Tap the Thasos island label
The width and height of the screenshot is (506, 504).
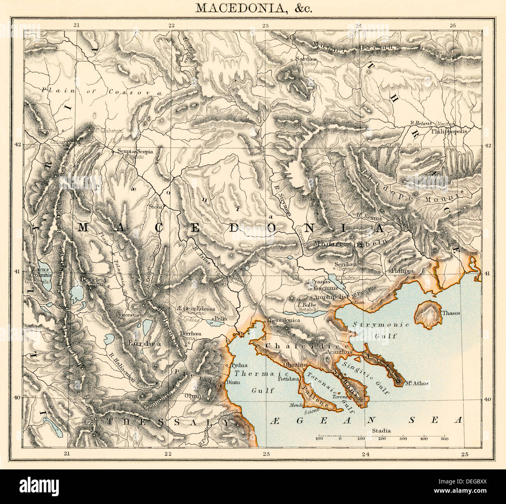coord(451,313)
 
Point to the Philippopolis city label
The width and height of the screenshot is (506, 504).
coord(449,131)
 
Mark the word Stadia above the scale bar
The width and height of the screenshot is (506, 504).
coord(381,430)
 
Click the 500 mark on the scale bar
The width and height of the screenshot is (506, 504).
coord(444,439)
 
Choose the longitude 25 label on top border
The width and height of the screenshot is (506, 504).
coord(452,25)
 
